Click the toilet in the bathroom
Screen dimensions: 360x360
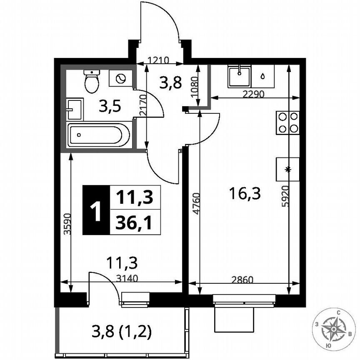(x=92, y=81)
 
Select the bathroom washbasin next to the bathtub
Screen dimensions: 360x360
(x=75, y=109)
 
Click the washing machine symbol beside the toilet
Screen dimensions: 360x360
(x=120, y=78)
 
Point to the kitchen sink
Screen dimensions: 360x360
(x=239, y=76)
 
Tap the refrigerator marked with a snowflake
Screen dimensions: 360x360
(x=287, y=169)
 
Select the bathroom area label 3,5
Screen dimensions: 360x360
(x=110, y=107)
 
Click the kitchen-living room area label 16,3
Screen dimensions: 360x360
(x=245, y=193)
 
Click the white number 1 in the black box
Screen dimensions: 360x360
(x=95, y=210)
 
